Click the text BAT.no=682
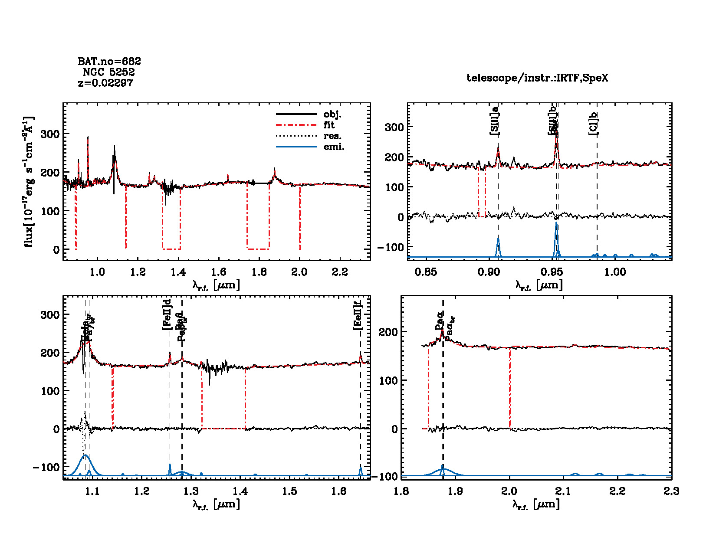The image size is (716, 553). point(109,62)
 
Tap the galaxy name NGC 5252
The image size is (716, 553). point(108,72)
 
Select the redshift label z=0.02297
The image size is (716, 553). point(105,83)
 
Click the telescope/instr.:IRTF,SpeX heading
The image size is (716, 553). point(537,78)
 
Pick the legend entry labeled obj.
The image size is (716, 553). point(332,115)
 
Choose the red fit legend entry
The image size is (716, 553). point(329,125)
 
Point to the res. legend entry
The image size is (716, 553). point(332,136)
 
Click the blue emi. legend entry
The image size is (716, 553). point(334,147)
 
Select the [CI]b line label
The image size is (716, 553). point(593,123)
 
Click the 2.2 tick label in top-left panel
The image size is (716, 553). point(340,272)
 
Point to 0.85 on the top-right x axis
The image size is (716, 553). point(426,272)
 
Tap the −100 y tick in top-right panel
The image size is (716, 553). point(390,247)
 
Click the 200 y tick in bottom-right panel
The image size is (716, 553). point(388,332)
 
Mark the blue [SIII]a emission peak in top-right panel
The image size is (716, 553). point(498,239)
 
